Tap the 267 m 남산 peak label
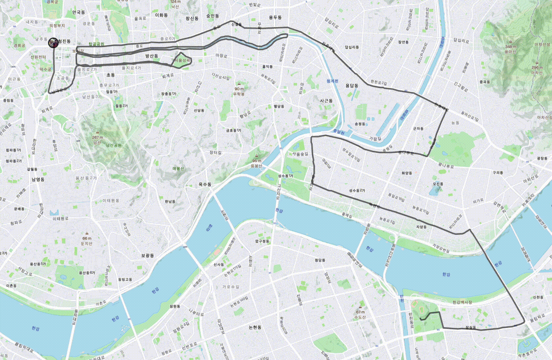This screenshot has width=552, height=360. tap(97, 137)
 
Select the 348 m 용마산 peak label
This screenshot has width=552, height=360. tap(510, 47)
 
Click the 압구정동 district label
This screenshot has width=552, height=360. tap(262, 241)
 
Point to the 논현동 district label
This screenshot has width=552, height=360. tap(255, 327)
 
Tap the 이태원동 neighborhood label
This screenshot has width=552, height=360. tap(111, 200)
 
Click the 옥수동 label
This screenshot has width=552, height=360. tap(205, 184)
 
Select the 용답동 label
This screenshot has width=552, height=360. tap(352, 86)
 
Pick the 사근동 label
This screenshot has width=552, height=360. tap(326, 101)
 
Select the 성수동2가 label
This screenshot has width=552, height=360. tap(357, 191)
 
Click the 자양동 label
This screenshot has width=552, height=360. tap(421, 227)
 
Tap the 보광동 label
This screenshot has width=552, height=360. tap(147, 256)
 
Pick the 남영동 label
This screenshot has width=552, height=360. tap(38, 179)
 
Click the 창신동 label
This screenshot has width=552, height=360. tap(192, 18)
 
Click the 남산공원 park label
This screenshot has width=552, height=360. tap(114, 145)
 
